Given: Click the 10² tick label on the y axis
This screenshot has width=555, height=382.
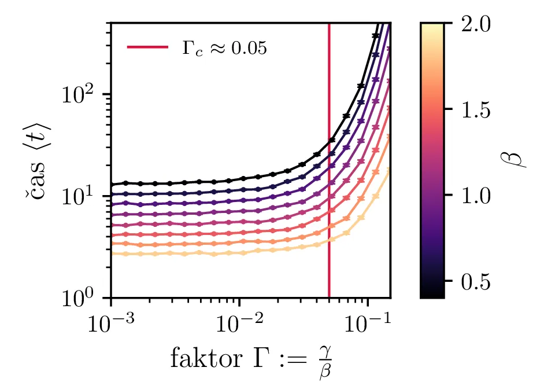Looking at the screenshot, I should (84, 94).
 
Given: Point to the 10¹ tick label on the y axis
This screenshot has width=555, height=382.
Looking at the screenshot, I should (84, 196).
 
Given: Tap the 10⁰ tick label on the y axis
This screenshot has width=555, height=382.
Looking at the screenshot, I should (84, 299).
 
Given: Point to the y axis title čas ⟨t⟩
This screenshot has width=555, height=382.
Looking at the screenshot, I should (45, 160).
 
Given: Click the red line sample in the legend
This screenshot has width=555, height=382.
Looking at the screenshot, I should (147, 47).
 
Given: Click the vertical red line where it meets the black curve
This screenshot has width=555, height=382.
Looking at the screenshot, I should (329, 141).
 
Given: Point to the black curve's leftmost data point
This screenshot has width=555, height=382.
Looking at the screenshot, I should (111, 185).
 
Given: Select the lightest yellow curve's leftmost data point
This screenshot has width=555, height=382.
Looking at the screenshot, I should (111, 254).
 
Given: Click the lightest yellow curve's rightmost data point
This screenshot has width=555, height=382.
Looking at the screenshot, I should (388, 170).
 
